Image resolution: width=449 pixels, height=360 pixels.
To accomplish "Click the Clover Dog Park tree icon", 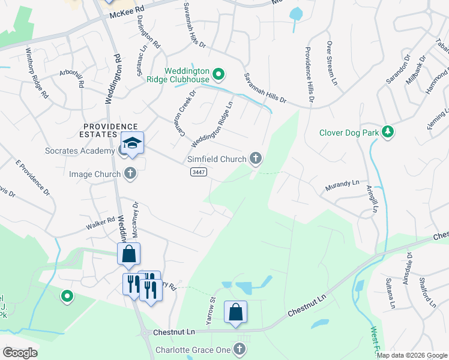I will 388,131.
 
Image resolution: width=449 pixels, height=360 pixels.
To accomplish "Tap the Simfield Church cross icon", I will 256,159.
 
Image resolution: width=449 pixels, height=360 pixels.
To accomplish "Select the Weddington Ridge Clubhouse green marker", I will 219,75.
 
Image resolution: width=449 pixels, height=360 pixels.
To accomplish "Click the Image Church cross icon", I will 130,175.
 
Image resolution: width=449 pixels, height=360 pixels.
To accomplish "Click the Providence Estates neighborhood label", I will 110,126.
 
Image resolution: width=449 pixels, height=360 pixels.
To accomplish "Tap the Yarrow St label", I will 211,311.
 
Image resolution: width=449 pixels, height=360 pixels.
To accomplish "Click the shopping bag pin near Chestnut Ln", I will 236,312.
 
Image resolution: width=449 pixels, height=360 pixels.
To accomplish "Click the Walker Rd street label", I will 100,223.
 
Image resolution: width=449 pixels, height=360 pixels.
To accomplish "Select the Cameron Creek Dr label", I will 184,112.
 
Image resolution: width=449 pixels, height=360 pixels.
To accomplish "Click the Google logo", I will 20,352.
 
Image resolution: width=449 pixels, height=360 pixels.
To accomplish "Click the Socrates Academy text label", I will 79,151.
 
